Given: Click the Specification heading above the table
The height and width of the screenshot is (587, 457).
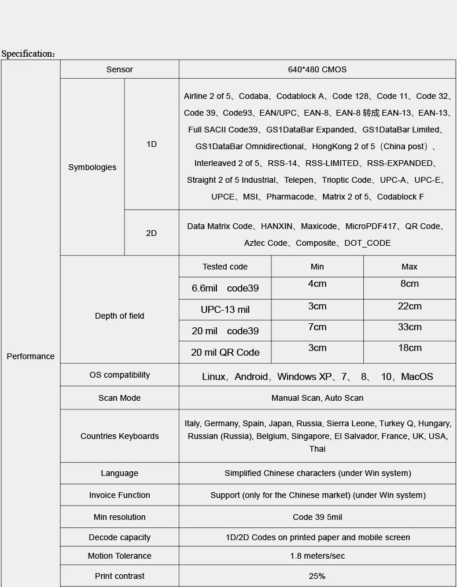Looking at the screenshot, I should click(28, 54).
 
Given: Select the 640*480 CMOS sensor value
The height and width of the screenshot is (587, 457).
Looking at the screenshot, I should click(317, 69).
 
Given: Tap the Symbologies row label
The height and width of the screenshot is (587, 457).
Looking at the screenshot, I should click(92, 167).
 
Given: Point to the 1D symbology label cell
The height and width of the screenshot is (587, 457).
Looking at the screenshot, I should click(152, 144).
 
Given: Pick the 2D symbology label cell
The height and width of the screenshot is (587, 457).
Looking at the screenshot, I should click(152, 233).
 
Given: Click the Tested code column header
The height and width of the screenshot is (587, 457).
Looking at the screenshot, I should click(225, 267).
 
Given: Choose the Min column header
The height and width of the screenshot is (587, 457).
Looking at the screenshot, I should click(317, 267).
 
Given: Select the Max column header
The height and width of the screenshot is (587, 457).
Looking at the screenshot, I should click(410, 267).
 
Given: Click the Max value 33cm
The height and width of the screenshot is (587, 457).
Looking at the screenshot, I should click(410, 327).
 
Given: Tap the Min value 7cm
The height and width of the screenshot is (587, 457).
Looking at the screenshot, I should click(317, 327).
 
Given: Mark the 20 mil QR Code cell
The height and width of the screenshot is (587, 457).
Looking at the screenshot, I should click(225, 352).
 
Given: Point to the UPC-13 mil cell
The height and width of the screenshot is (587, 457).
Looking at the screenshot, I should click(225, 309).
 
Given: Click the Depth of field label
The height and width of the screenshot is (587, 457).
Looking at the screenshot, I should click(120, 316).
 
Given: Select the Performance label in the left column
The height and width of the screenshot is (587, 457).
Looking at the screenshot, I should click(31, 356).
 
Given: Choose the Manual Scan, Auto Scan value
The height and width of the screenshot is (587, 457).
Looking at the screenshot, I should click(317, 398).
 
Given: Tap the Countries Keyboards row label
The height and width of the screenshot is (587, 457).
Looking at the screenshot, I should click(120, 436).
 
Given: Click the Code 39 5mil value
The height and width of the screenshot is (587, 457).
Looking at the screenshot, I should click(317, 517).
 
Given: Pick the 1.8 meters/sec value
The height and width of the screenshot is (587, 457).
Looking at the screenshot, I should click(317, 556).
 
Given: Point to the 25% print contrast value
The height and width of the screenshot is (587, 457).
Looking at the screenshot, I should click(317, 576).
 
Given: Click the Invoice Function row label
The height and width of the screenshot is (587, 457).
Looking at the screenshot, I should click(120, 495).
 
